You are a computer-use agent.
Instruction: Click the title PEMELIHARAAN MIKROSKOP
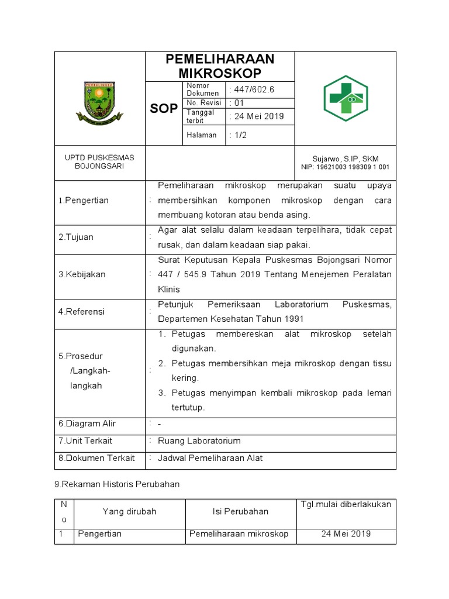(220, 66)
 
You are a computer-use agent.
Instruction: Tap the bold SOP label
(164, 109)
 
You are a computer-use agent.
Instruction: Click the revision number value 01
(239, 103)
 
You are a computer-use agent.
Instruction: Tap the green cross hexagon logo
(346, 98)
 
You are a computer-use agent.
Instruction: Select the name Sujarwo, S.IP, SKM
(345, 159)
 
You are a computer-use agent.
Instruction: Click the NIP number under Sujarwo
(345, 167)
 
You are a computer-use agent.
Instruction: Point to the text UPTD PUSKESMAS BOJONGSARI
(99, 162)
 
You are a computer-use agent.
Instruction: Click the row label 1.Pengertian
(83, 201)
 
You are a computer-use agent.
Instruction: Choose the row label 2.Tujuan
(76, 237)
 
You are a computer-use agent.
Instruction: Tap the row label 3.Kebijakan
(82, 274)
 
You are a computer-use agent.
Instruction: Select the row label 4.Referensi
(81, 312)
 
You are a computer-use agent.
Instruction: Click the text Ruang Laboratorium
(199, 441)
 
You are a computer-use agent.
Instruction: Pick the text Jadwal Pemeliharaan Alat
(210, 458)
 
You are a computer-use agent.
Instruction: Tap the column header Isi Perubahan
(240, 512)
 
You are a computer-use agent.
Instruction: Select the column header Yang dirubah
(129, 512)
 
